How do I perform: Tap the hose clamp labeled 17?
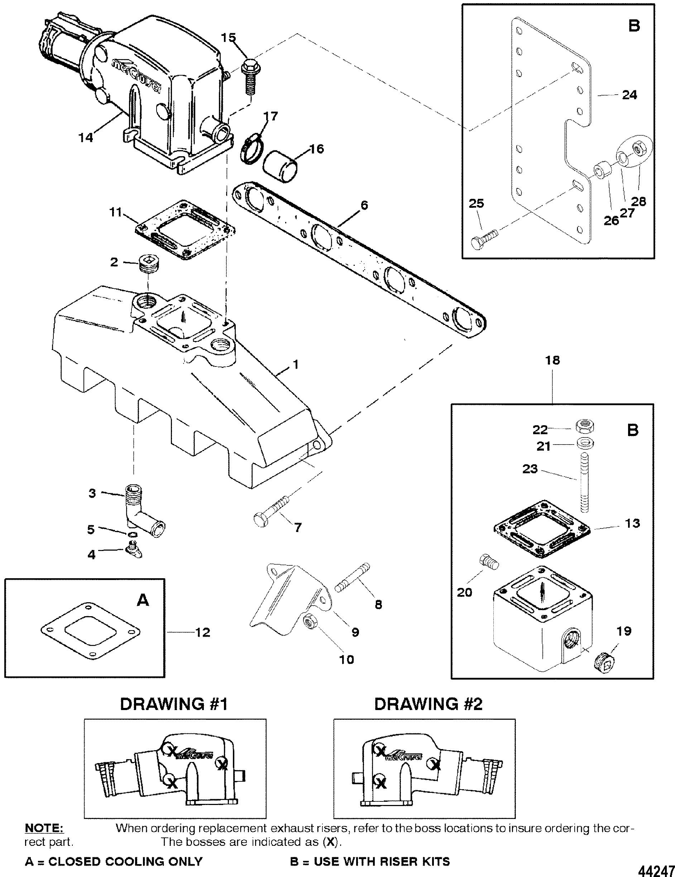(253, 152)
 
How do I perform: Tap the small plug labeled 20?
(488, 561)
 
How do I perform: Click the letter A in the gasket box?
(143, 600)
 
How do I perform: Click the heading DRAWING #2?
(428, 704)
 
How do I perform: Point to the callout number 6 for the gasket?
(363, 205)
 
